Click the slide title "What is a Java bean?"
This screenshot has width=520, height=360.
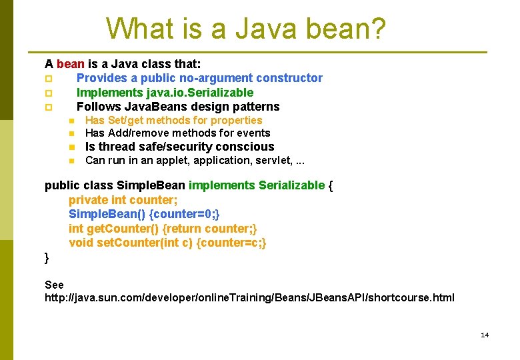(245, 29)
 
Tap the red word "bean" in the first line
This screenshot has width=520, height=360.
(71, 64)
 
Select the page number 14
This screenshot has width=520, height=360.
(485, 335)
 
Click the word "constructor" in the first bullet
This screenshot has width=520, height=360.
(291, 78)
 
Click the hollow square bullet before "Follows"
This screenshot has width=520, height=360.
(48, 107)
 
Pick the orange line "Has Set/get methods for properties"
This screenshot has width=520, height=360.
(173, 120)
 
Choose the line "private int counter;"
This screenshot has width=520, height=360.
(123, 200)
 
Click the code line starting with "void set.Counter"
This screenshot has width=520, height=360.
(167, 243)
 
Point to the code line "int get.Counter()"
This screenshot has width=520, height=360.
(162, 229)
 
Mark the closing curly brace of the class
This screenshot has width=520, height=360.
(47, 257)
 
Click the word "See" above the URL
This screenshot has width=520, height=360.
(54, 285)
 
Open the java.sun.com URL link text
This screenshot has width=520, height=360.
(249, 297)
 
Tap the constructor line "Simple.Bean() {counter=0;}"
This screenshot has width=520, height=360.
(144, 214)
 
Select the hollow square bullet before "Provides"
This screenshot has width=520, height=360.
(48, 79)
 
